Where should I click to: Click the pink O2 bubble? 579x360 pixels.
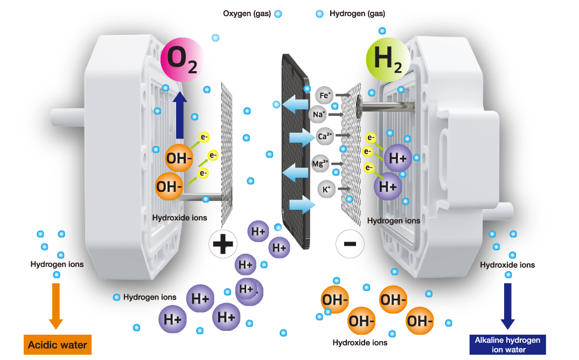point(183,60)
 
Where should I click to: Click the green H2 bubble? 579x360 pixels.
point(388,59)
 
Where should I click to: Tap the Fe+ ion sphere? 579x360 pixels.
point(325,96)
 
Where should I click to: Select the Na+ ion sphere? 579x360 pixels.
point(319,114)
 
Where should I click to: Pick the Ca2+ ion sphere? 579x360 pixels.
point(325,137)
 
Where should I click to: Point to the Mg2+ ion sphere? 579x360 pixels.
point(320,162)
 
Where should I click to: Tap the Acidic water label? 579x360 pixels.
point(57,345)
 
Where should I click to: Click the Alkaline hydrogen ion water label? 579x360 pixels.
point(507,344)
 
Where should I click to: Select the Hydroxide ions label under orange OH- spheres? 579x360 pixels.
point(179,218)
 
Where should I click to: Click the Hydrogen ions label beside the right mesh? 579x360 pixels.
point(393,220)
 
